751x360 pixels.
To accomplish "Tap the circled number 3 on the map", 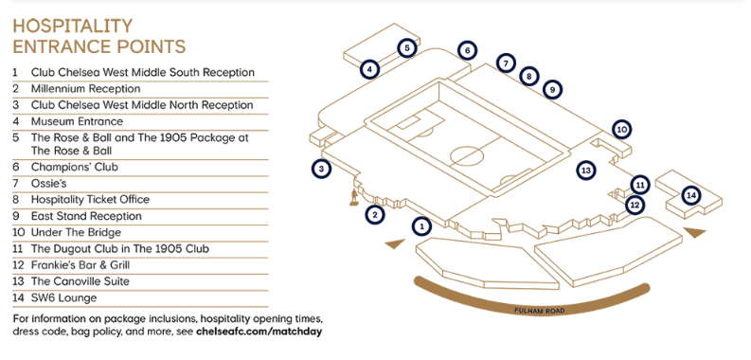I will tap(322, 169).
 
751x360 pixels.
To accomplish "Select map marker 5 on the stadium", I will tap(406, 48).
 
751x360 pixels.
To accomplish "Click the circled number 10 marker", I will tap(621, 129).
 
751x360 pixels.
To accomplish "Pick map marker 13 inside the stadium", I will tap(587, 171).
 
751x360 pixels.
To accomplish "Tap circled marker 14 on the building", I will tap(691, 194).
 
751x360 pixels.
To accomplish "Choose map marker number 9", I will tap(553, 89).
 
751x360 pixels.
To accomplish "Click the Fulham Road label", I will tap(540, 310).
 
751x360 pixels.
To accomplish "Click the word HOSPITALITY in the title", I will tap(73, 25).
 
